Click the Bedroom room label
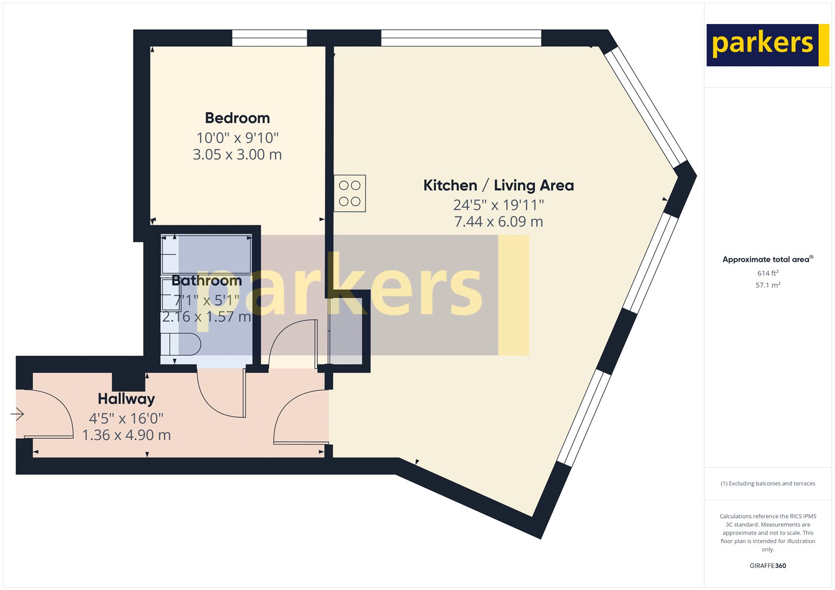tap(237, 118)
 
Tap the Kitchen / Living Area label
tap(498, 185)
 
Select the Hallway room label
tap(126, 399)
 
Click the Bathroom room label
tap(207, 281)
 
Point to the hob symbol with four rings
tap(350, 193)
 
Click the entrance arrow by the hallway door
tap(17, 414)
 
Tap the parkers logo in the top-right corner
tap(767, 45)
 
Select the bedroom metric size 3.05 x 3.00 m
tap(237, 154)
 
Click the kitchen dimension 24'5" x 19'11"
tap(498, 205)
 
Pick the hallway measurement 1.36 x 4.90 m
tap(126, 435)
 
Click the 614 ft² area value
tap(768, 273)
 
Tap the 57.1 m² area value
tap(768, 285)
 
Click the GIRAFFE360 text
tap(768, 565)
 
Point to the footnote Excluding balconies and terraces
tap(768, 484)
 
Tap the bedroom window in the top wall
tap(269, 38)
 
